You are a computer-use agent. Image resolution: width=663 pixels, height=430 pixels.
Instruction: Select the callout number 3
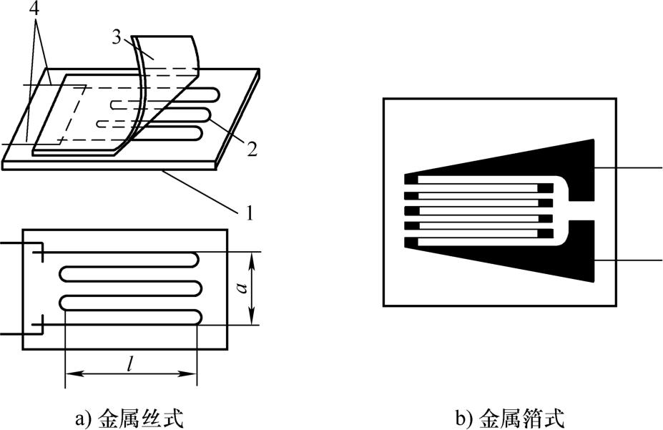pos(117,37)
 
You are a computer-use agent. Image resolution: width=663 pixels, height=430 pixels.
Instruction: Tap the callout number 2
pos(252,150)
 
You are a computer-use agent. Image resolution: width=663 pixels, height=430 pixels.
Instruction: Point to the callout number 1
pos(250,212)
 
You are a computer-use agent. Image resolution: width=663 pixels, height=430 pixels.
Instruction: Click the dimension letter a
pos(242,288)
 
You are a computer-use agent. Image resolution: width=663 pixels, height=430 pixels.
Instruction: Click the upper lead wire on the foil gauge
pos(629,167)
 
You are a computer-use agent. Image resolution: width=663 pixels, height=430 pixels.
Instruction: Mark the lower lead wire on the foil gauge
pos(629,259)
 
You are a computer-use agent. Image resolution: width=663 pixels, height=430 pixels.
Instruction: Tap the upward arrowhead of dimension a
pos(252,258)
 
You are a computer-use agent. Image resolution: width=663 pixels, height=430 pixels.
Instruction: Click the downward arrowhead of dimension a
pos(252,318)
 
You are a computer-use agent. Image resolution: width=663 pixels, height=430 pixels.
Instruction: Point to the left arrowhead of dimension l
pos(73,373)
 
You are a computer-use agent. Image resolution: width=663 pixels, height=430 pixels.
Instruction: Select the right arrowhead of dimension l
pos(189,373)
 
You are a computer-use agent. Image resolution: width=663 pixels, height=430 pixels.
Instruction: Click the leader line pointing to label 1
pos(202,190)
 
